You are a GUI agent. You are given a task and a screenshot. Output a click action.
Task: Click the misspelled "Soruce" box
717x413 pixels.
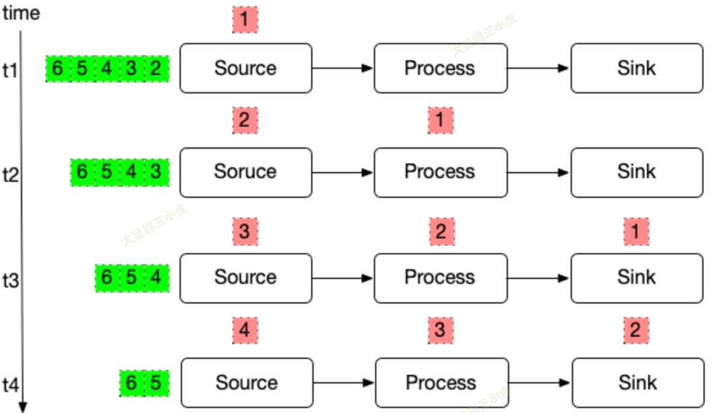point(245,172)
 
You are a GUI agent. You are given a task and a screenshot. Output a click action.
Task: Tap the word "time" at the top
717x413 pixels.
point(21,13)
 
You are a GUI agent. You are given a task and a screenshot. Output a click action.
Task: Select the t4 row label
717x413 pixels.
point(10,385)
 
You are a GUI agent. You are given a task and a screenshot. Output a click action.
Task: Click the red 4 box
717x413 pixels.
point(245,331)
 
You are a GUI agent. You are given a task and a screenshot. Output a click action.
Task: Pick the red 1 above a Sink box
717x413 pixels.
point(636,232)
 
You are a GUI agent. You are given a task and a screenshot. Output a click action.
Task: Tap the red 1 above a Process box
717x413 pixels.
point(440,120)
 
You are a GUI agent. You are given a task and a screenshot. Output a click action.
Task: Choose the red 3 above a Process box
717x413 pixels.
point(440,331)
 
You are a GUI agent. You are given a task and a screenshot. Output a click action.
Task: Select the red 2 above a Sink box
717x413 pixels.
point(636,331)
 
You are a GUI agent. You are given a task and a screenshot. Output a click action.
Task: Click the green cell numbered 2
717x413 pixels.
point(156,68)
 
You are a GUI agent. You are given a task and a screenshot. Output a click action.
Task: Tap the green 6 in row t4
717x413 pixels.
point(131,383)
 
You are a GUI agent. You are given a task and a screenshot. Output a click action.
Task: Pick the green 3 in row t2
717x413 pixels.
point(156,172)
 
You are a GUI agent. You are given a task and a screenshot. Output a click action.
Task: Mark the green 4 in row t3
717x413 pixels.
point(156,278)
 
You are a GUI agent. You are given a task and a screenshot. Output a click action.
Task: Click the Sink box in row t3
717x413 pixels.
point(636,278)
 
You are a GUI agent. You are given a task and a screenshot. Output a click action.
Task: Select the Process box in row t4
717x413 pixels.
point(442,383)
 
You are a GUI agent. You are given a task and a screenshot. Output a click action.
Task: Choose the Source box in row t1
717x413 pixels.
point(245,68)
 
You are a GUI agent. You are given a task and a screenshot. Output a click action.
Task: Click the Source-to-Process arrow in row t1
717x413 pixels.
point(343,68)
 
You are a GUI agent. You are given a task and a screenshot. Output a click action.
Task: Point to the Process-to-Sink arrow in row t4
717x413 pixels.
point(539,383)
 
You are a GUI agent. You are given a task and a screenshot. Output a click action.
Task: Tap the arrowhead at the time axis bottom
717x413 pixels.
point(23,406)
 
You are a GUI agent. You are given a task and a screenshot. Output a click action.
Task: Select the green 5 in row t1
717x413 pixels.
point(82,68)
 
